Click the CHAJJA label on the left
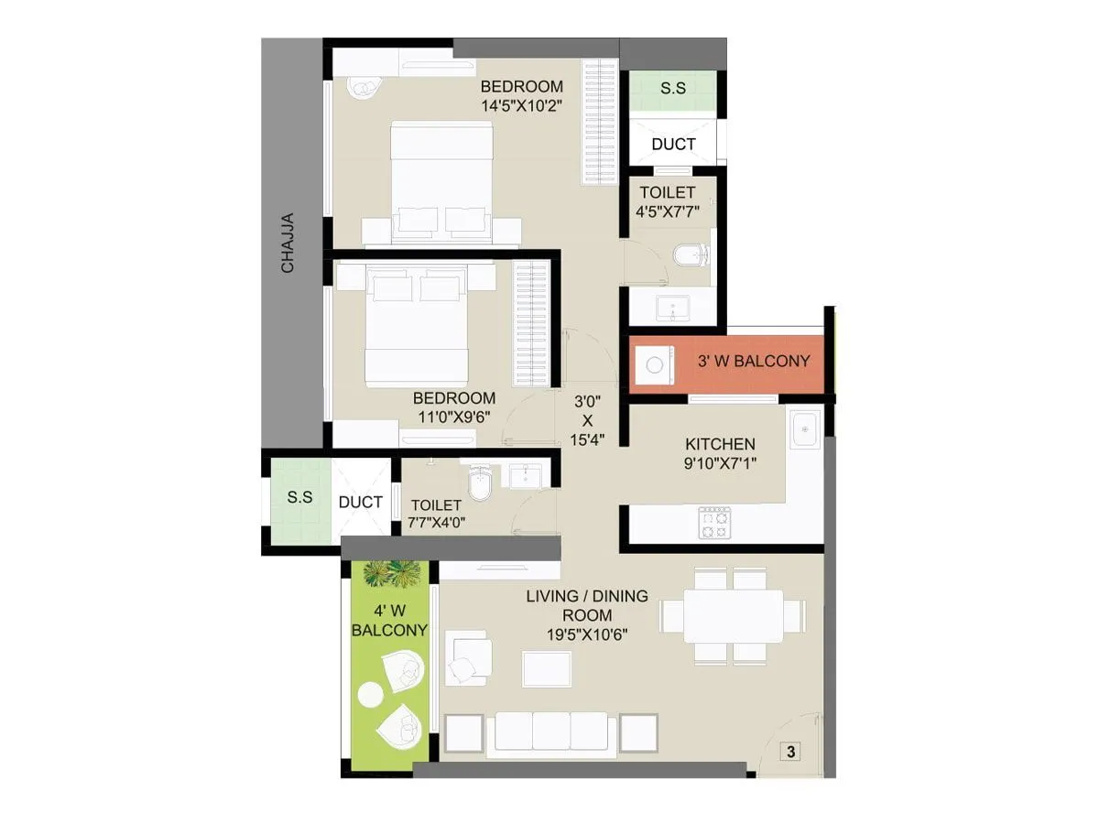pos(288,243)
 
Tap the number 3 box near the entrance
pos(790,752)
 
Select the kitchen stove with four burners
pos(714,523)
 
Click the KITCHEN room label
pos(720,444)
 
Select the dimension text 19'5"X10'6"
pos(586,633)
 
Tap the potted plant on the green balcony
pos(391,574)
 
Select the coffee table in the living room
pos(547,668)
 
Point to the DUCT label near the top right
pos(673,144)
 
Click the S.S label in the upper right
pos(673,89)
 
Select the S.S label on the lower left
pos(299,498)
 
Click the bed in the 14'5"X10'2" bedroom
pos(442,181)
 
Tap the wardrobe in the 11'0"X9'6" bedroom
pos(531,326)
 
